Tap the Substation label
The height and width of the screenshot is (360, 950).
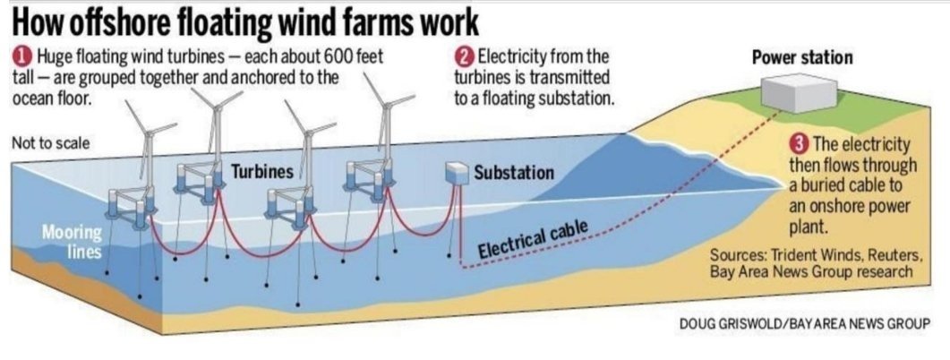coord(514,171)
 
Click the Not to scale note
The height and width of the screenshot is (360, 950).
coord(51,144)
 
